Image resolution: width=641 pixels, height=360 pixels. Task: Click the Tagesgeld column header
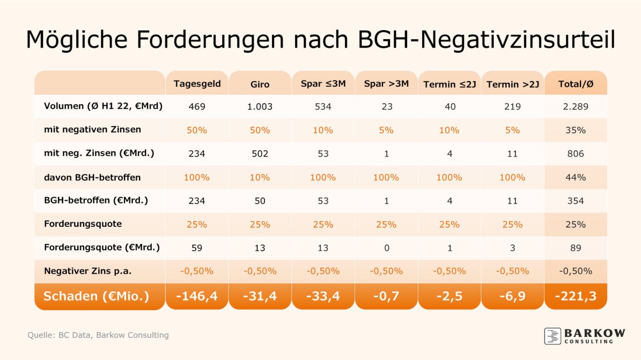[197, 84]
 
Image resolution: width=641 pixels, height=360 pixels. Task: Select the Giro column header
[260, 84]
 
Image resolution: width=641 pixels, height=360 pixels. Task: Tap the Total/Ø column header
[575, 84]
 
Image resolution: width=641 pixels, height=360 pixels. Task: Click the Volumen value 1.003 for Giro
[260, 106]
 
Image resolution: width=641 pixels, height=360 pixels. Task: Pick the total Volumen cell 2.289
[575, 106]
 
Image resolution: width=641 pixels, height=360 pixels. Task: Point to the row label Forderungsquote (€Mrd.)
[102, 247]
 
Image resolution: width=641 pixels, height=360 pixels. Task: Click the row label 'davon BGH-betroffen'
[92, 177]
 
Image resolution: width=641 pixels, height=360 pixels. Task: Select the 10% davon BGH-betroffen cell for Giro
[260, 177]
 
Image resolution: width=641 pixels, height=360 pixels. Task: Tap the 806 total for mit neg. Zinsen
[575, 154]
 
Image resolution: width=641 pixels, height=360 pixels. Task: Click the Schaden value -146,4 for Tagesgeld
[197, 296]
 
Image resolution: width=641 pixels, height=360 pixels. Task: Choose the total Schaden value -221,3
[575, 296]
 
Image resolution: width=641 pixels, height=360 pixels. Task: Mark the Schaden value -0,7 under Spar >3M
[386, 296]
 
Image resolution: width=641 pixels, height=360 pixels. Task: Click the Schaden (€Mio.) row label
[96, 296]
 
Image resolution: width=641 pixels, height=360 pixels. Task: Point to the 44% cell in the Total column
[575, 177]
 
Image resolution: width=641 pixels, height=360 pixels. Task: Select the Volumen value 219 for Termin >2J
[512, 106]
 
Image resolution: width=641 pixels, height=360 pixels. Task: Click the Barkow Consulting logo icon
[552, 336]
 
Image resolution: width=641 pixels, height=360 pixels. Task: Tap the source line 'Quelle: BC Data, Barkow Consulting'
[98, 335]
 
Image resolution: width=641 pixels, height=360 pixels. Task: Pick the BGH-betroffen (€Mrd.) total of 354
[575, 201]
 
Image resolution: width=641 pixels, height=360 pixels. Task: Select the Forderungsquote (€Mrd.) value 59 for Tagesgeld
[197, 248]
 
